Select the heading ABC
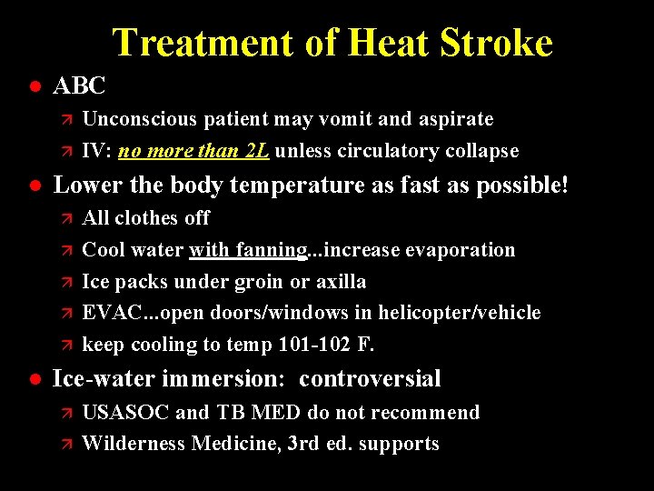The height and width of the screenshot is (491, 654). (x=80, y=86)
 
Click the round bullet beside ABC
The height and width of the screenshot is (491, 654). (x=34, y=86)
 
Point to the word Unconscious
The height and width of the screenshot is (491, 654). (x=140, y=119)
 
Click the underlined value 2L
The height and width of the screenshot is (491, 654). (x=255, y=151)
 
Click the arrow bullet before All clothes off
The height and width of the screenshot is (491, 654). (x=64, y=218)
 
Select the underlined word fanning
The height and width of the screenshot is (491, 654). (x=272, y=250)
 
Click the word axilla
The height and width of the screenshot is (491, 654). (x=341, y=282)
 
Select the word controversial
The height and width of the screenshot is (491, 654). (x=370, y=379)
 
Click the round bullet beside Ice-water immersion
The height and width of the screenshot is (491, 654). (x=34, y=379)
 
